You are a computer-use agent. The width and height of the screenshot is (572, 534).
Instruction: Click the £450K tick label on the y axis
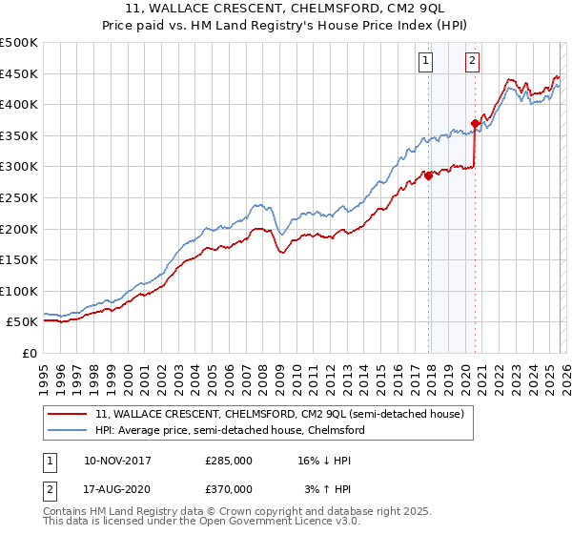click(x=20, y=73)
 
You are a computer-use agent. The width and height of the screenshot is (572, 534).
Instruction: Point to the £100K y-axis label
click(x=20, y=291)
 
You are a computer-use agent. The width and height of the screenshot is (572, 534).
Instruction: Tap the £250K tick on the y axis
click(x=20, y=197)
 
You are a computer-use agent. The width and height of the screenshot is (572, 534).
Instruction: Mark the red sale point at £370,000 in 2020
click(x=474, y=123)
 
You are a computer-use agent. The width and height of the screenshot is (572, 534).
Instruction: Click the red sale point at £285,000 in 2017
click(x=428, y=175)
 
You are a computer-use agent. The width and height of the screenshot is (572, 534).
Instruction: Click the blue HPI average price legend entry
click(x=230, y=431)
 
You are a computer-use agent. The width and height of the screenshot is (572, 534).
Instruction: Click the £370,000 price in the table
click(x=229, y=488)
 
